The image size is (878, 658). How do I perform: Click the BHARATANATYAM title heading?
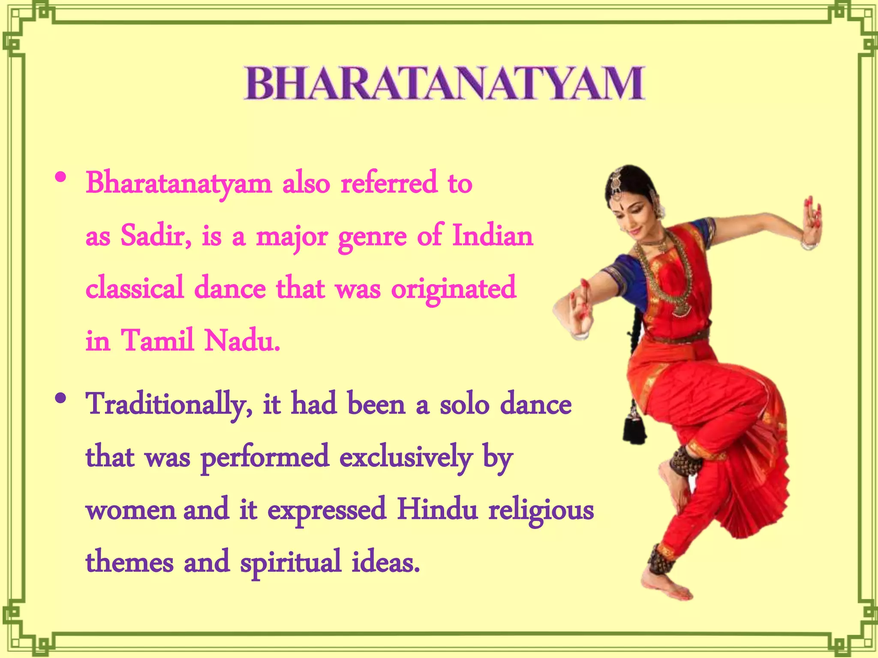(444, 83)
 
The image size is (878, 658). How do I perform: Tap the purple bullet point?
(61, 398)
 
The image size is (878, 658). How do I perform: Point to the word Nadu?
(242, 341)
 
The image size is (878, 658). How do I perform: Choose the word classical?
(135, 288)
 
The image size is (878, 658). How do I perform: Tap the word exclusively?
(406, 458)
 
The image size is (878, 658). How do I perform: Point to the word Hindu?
(437, 510)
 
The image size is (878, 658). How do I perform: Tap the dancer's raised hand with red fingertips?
(812, 223)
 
